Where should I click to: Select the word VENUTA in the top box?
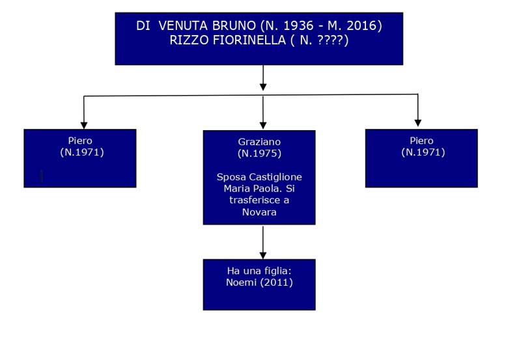pos(184,25)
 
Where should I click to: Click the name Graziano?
pos(259,142)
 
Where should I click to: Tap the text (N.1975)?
pos(259,153)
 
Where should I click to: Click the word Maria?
pos(237,189)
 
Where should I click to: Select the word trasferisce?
pos(255,201)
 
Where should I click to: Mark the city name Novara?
pos(259,212)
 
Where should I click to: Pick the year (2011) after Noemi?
pos(277,283)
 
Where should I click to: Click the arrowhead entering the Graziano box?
pos(263,126)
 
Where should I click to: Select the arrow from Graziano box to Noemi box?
pos(263,242)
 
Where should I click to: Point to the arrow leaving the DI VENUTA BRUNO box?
pos(263,77)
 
